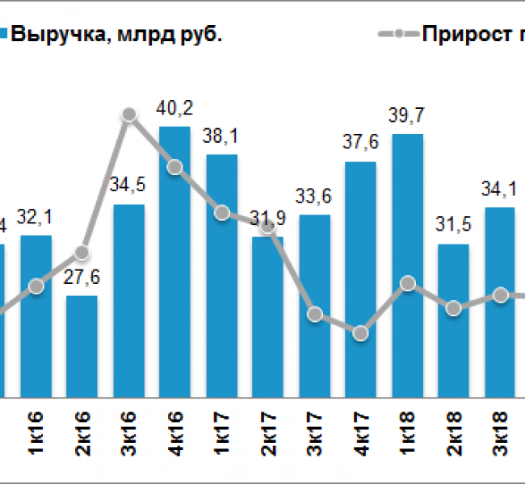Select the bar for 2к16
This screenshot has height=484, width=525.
click(82, 347)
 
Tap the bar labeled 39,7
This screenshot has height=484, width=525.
click(408, 266)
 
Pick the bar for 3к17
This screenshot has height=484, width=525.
click(314, 307)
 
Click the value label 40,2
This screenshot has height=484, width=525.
click(175, 109)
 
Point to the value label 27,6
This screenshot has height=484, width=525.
click(82, 280)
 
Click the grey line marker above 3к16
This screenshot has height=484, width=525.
click(128, 115)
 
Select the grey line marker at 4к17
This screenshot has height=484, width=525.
click(361, 333)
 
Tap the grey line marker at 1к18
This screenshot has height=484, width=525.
click(408, 283)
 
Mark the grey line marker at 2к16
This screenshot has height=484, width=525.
click(82, 252)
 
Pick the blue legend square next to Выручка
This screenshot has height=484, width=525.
click(4, 35)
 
